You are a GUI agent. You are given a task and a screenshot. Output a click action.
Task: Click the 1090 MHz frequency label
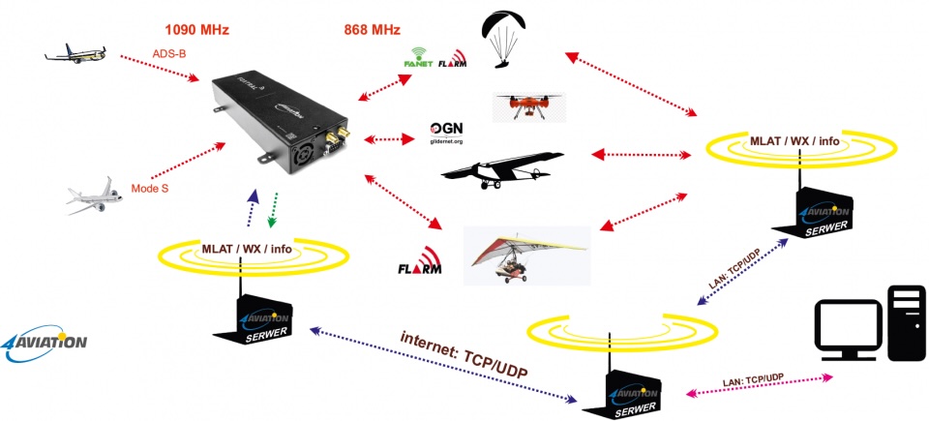point(196,29)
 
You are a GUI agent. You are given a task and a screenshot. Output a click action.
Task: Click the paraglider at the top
point(504,39)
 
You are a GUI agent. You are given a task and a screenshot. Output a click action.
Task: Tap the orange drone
point(527,105)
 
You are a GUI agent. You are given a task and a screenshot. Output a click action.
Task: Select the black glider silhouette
point(502,165)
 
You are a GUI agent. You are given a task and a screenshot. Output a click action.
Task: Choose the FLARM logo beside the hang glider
point(418,265)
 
